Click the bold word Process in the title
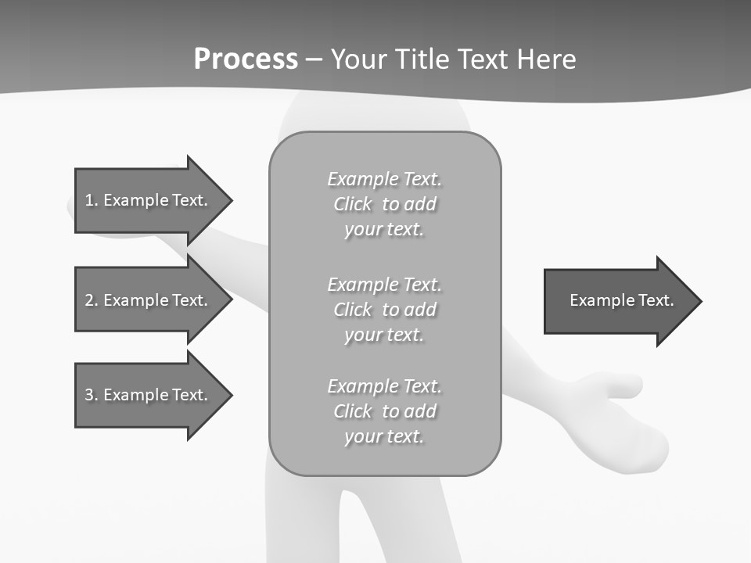[246, 59]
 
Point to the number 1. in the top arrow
[92, 200]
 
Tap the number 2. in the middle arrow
[92, 300]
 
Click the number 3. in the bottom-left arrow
[92, 395]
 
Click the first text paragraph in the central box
[384, 204]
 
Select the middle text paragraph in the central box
[384, 310]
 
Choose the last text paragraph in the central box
[384, 411]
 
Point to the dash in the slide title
[314, 60]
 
